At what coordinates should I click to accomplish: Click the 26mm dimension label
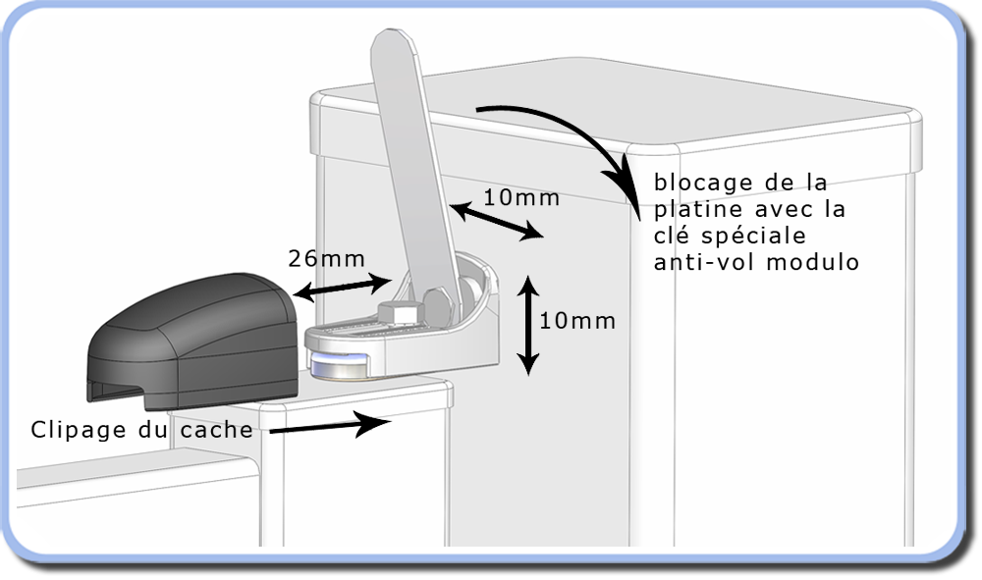point(326,258)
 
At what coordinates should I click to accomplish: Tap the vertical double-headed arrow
point(528,326)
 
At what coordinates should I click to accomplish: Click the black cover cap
point(192,341)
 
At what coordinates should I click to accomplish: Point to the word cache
point(217,430)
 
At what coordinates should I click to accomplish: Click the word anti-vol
point(704,262)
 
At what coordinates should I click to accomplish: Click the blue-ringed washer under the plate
point(340,365)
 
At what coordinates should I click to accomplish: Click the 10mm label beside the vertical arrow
point(577,321)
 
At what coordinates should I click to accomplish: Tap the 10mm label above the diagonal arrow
point(521,197)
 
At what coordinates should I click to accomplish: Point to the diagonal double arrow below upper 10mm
point(496,221)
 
